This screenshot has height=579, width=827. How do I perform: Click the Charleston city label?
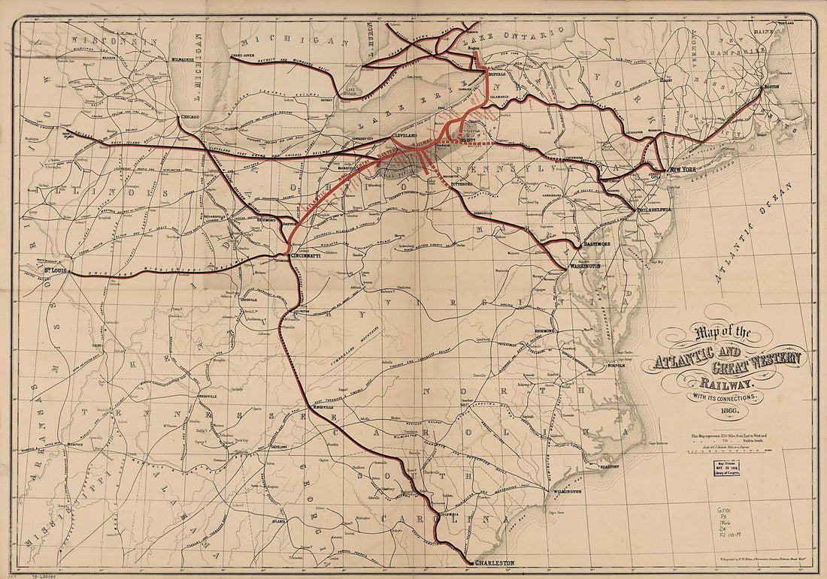[x=495, y=562]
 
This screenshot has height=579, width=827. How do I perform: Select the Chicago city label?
[x=189, y=117]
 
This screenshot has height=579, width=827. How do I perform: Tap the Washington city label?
[x=584, y=267]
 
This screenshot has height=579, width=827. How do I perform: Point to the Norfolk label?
[x=616, y=366]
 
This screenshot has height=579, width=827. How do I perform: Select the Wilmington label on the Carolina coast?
[x=567, y=491]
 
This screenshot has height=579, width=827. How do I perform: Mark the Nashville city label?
[x=208, y=395]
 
